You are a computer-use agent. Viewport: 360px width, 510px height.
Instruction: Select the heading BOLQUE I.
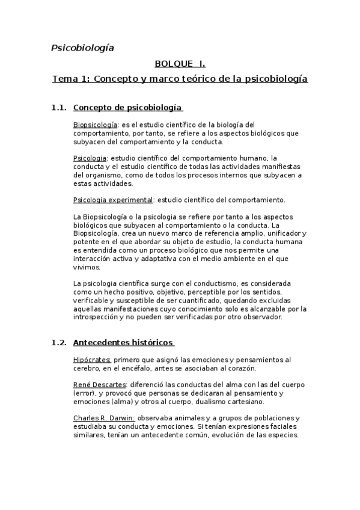click(x=180, y=63)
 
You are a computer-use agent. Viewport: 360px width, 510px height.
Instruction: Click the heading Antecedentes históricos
click(x=123, y=343)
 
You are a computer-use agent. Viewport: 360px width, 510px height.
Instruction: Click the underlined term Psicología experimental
click(x=112, y=200)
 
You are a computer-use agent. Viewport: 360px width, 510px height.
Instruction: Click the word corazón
click(x=240, y=368)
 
